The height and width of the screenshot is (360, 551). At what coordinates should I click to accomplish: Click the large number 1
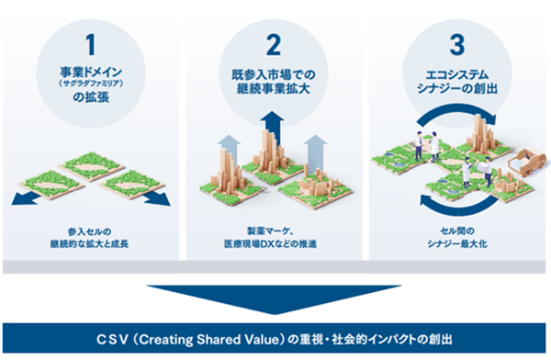pos(91,45)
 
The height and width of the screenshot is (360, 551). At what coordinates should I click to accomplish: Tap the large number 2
pos(274,45)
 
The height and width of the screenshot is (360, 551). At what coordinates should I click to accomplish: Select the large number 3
pos(457,45)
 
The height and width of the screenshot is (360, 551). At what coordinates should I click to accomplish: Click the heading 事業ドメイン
pos(91,73)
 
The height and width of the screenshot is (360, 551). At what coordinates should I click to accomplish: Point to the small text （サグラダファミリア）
pos(91,84)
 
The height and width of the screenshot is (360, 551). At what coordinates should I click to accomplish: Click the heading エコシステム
pos(457,75)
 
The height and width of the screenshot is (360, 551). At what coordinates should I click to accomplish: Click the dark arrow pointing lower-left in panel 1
pos(26,198)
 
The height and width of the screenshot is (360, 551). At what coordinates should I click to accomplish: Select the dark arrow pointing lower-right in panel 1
pos(157,198)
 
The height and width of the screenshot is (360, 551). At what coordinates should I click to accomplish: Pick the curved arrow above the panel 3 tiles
pos(456,113)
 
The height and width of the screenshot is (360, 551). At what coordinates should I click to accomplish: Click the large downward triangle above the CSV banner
pos(275,299)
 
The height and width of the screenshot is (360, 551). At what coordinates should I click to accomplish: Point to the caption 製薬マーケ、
pos(271,231)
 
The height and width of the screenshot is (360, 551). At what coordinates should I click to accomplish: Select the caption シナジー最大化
pos(457,243)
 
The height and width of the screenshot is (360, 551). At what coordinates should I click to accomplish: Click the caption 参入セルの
pos(90,231)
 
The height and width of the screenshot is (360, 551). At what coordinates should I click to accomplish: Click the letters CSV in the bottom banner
pos(112,340)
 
